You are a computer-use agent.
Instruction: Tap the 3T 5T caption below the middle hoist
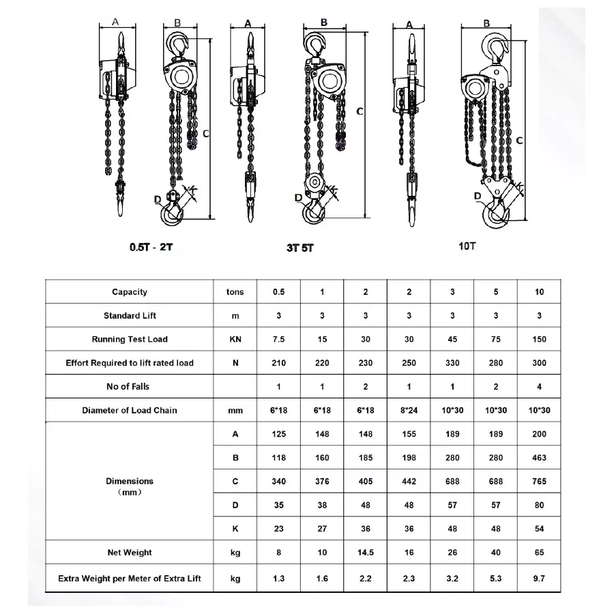pos(300,248)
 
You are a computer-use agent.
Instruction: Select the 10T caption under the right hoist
pos(467,246)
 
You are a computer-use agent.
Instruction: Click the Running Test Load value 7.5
pos(278,339)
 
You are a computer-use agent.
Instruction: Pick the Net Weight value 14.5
pos(365,553)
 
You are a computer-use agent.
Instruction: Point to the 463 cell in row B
pos(540,458)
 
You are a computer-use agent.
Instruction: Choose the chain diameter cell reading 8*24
pos(409,411)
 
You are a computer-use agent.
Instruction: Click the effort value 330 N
pos(452,363)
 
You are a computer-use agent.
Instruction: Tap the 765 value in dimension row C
pos(540,482)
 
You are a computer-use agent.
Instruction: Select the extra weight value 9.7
pos(540,579)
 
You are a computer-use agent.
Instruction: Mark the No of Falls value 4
pos(540,387)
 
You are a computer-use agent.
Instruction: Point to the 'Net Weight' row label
pos(130,553)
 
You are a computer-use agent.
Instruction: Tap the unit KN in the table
pos(235,339)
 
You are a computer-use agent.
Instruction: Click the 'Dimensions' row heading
pos(130,482)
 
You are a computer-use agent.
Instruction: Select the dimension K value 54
pos(540,529)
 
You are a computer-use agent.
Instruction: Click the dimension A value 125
pos(278,434)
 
